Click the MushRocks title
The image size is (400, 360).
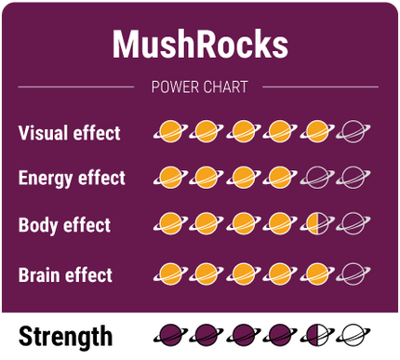pyautogui.click(x=200, y=44)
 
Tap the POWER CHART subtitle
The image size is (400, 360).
pyautogui.click(x=199, y=87)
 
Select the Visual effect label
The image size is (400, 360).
pyautogui.click(x=69, y=133)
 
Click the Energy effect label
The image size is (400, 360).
pyautogui.click(x=72, y=178)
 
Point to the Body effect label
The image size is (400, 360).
pyautogui.click(x=64, y=225)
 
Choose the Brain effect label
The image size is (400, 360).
pyautogui.click(x=65, y=275)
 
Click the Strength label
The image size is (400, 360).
pyautogui.click(x=65, y=336)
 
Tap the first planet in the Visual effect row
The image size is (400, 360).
pyautogui.click(x=169, y=132)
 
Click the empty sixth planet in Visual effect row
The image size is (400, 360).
pyautogui.click(x=353, y=132)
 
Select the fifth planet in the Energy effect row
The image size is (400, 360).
pyautogui.click(x=316, y=176)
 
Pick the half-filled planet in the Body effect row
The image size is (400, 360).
pyautogui.click(x=316, y=223)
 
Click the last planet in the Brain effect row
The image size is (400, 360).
pyautogui.click(x=353, y=273)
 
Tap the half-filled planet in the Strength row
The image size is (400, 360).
pyautogui.click(x=316, y=334)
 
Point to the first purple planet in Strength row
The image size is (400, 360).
pyautogui.click(x=169, y=334)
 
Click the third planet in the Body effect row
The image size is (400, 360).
pyautogui.click(x=243, y=223)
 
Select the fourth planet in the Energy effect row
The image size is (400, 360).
pyautogui.click(x=279, y=176)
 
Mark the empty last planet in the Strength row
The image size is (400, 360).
pyautogui.click(x=353, y=334)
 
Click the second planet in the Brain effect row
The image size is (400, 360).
pyautogui.click(x=206, y=273)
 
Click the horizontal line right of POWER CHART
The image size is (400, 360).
pyautogui.click(x=321, y=87)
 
